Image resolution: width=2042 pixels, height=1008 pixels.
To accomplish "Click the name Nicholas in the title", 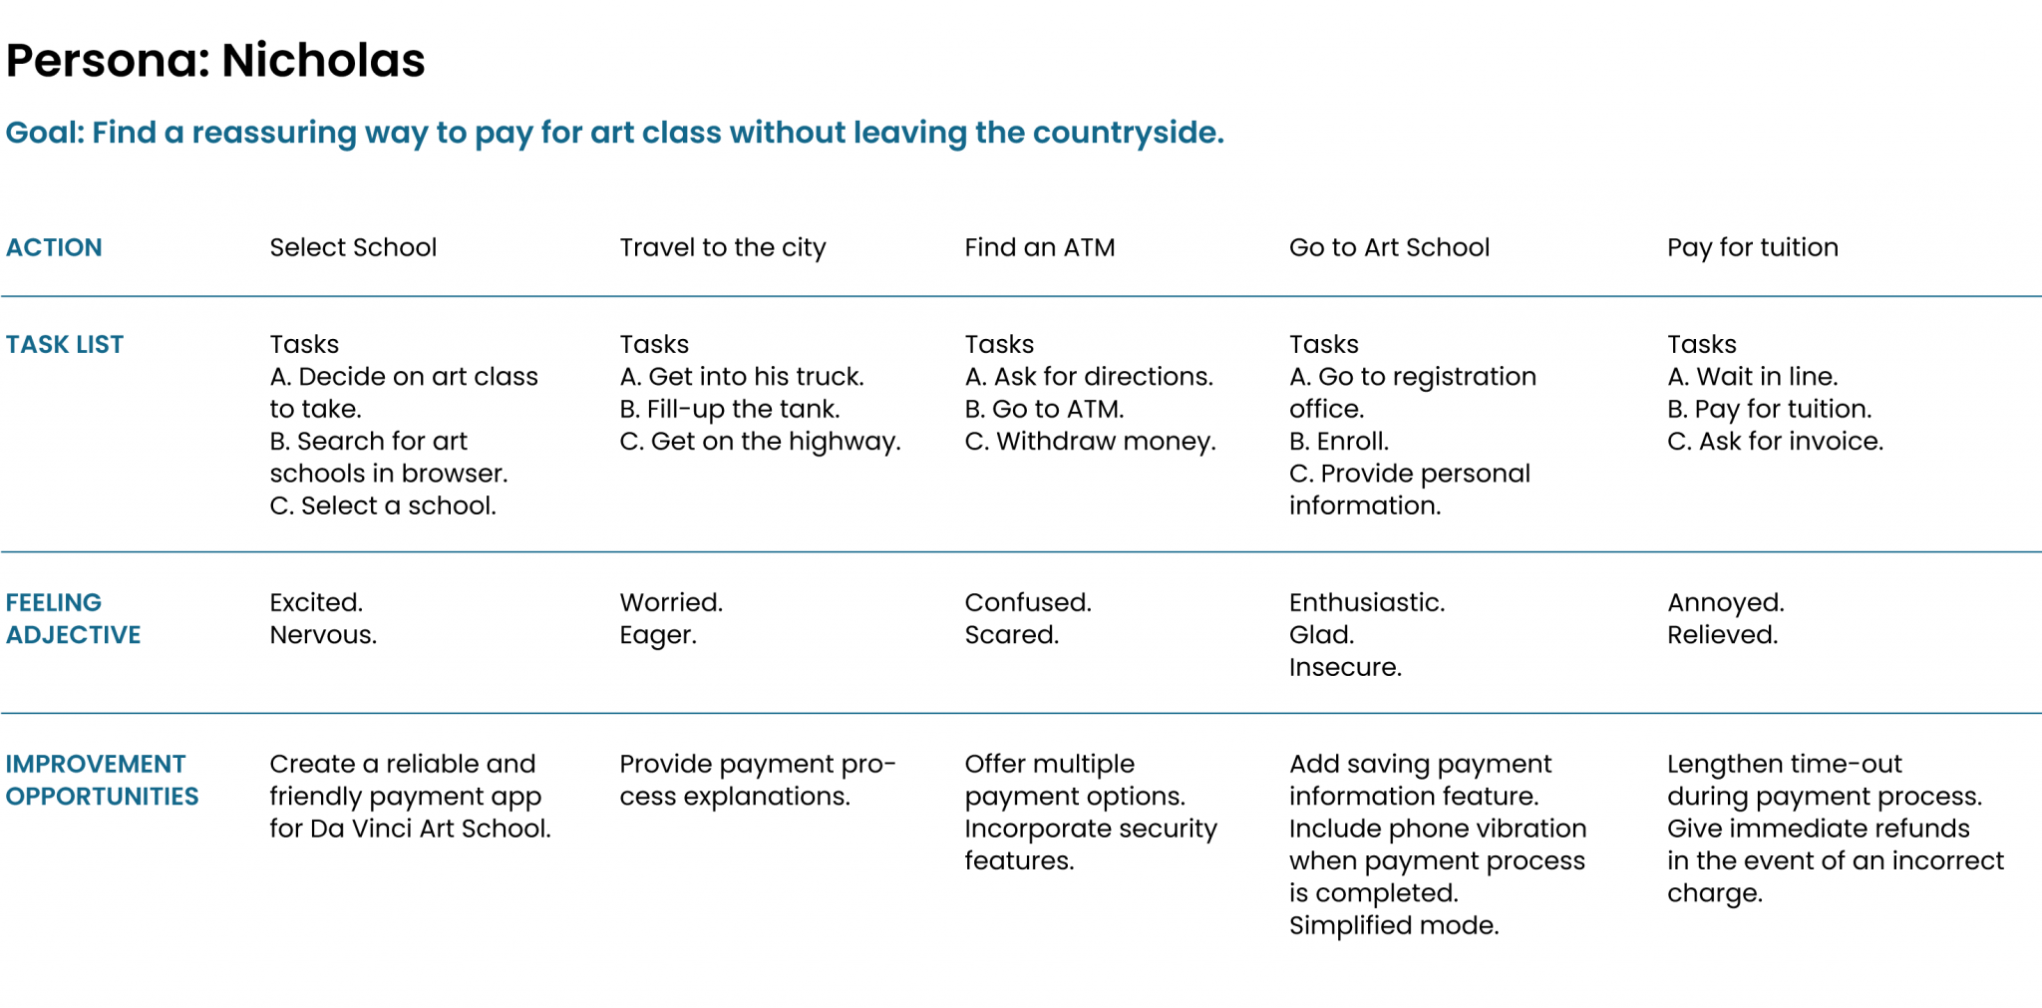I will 323,61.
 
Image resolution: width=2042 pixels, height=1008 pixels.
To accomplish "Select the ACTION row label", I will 54,247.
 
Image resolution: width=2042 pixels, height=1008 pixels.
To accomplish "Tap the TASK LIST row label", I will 65,344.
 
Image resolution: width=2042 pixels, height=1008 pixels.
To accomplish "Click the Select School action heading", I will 353,247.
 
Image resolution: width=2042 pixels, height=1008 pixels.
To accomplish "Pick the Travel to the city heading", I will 723,247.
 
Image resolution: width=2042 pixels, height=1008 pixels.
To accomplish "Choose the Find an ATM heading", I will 1039,247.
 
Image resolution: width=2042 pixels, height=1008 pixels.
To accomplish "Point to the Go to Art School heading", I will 1389,247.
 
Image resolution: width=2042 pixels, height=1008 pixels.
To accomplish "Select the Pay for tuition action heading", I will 1752,247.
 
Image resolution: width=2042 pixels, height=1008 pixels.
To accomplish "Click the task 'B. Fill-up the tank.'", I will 730,409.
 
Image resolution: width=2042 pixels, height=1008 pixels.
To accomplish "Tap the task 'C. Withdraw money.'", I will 1090,441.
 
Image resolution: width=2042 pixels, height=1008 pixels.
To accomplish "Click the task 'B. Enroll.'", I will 1338,441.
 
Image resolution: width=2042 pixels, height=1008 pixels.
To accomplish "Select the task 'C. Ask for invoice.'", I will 1775,441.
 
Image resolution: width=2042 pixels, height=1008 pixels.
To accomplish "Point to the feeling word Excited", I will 316,602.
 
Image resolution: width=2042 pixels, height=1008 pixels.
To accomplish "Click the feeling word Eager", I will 658,635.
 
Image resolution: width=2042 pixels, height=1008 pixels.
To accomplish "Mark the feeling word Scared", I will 1011,635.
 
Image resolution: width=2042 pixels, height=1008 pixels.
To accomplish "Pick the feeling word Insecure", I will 1345,667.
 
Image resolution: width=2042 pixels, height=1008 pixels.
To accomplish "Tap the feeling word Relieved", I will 1722,635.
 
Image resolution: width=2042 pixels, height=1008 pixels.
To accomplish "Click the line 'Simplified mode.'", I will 1393,925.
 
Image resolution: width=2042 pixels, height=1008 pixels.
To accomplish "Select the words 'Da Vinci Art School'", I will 429,829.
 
